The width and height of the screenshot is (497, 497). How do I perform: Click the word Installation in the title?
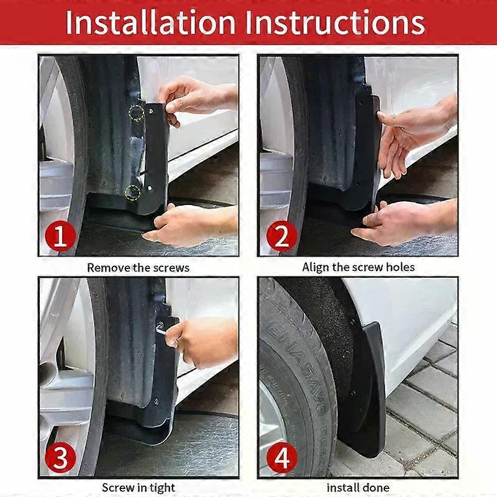(x=150, y=22)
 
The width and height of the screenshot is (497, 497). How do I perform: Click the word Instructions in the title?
(x=335, y=22)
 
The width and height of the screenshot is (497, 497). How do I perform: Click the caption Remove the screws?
(x=138, y=268)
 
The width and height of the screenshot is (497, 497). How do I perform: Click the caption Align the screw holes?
(x=358, y=267)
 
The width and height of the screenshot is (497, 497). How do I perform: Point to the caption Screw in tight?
(x=138, y=488)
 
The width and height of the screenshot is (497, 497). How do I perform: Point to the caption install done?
(x=358, y=488)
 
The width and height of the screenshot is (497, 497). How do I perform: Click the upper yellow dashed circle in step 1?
(x=135, y=112)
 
